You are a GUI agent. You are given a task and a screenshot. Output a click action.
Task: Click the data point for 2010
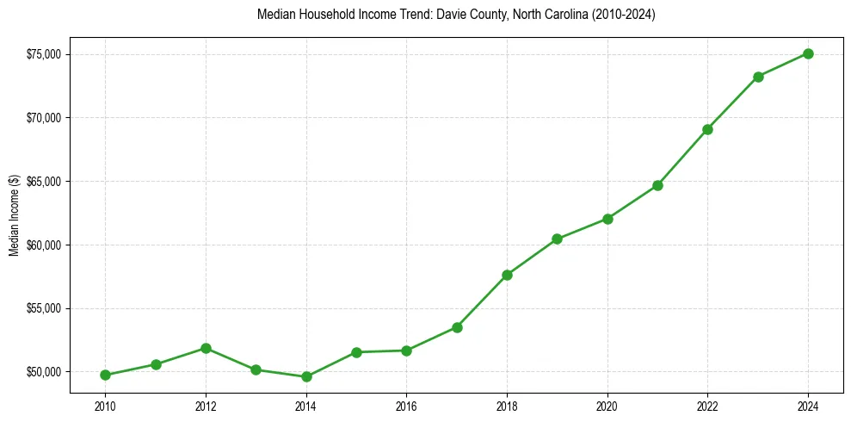(x=105, y=375)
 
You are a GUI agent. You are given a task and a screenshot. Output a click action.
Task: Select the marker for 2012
(x=206, y=348)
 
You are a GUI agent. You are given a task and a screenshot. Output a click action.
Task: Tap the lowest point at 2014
(x=306, y=376)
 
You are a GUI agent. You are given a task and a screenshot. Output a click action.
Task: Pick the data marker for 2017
(x=457, y=327)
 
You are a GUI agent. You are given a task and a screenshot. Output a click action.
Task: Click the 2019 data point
(x=557, y=239)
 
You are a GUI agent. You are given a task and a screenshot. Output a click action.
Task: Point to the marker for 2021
(x=657, y=185)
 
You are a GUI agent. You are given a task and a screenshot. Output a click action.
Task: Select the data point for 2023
(x=758, y=77)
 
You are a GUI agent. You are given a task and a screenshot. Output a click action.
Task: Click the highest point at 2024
(x=808, y=53)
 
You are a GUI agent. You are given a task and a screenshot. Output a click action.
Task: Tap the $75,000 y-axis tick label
(x=43, y=54)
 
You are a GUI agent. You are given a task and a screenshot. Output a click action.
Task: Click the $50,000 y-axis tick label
(x=43, y=372)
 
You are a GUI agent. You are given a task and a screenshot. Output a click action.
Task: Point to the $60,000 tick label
(x=43, y=245)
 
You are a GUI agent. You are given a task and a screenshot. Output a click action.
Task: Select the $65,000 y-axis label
(x=43, y=182)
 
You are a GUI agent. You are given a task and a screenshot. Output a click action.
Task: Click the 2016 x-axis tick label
(x=406, y=405)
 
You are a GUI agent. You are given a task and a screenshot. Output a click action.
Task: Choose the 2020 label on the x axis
(x=607, y=405)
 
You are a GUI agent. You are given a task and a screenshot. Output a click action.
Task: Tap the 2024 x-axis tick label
(x=808, y=405)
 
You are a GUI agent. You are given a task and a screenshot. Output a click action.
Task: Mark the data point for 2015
(x=356, y=352)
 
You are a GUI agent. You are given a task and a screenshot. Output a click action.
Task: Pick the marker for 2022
(x=707, y=129)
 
